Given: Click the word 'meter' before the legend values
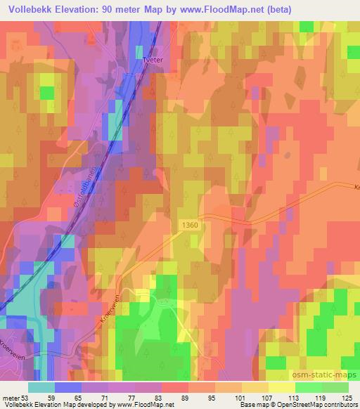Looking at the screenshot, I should (x=11, y=397).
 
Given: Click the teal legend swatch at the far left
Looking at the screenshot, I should (x=41, y=387).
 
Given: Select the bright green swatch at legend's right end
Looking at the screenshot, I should (x=335, y=387).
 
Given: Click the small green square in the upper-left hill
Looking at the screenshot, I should (x=47, y=93).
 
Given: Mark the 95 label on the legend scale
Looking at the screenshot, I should (x=215, y=397).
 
